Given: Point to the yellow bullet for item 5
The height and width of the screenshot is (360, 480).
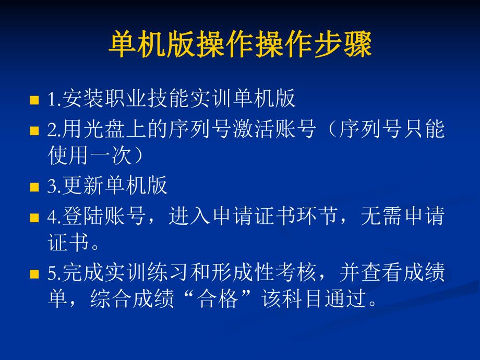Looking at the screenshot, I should pos(34,274).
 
